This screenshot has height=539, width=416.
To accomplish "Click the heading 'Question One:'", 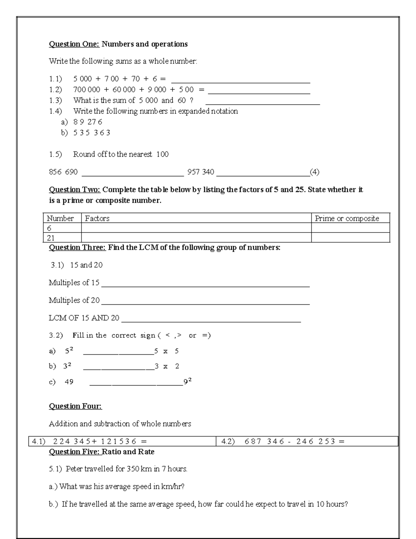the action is (74, 44).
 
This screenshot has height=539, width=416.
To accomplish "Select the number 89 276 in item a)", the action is (88, 122).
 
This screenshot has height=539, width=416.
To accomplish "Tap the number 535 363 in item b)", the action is (92, 133).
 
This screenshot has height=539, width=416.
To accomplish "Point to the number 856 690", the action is (63, 172).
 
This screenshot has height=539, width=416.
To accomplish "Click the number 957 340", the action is (201, 172).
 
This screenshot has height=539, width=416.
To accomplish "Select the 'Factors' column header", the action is (97, 218).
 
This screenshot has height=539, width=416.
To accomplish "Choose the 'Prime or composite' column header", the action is (347, 218).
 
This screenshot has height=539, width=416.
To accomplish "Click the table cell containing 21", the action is (51, 238).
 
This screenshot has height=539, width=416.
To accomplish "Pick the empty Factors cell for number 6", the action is (196, 228).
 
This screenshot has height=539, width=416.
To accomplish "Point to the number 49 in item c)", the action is (69, 382).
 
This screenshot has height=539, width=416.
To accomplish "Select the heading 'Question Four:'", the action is (75, 406).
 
